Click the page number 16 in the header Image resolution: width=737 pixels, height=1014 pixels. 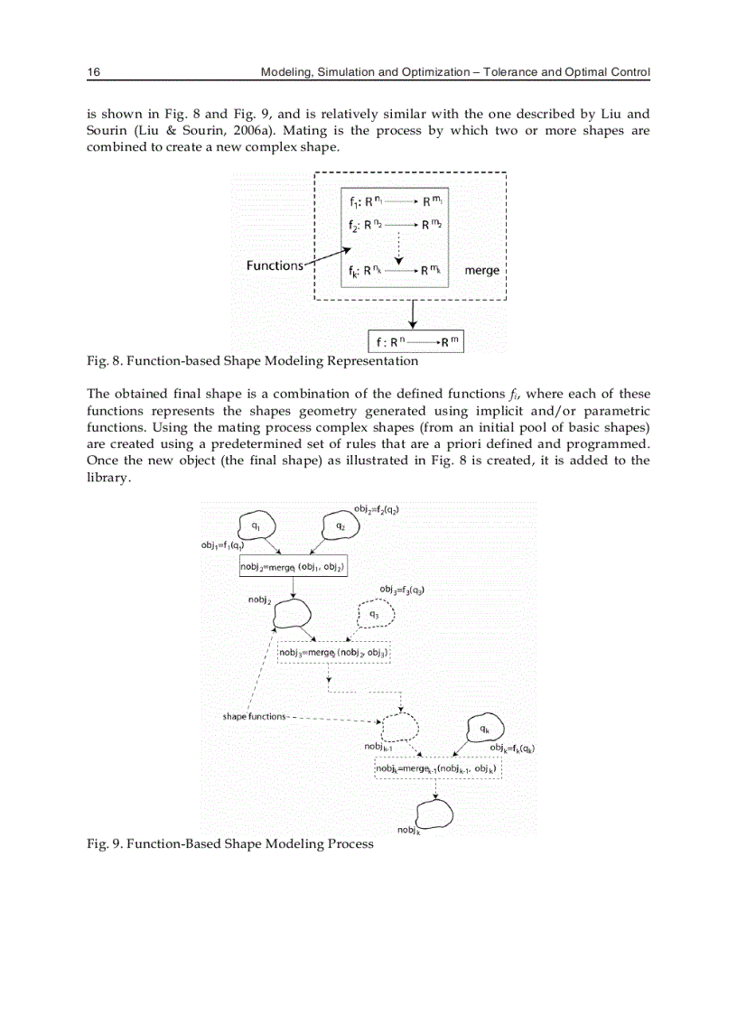pyautogui.click(x=92, y=71)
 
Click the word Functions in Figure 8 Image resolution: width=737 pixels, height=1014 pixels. pyautogui.click(x=275, y=265)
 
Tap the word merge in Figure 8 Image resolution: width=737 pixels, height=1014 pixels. pyautogui.click(x=481, y=270)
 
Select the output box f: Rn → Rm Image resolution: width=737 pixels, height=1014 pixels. pyautogui.click(x=415, y=342)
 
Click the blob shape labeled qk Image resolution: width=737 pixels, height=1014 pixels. pyautogui.click(x=485, y=728)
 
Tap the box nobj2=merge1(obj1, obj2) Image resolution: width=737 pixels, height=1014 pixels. pyautogui.click(x=293, y=567)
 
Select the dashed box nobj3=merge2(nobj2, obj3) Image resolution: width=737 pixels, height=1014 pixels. pyautogui.click(x=332, y=652)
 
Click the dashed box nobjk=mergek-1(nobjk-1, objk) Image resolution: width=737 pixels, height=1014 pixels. pyautogui.click(x=437, y=768)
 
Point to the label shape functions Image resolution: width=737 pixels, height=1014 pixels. pyautogui.click(x=254, y=716)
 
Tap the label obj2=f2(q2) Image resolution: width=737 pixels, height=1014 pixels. pyautogui.click(x=377, y=510)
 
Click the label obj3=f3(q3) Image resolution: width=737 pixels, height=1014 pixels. pyautogui.click(x=403, y=590)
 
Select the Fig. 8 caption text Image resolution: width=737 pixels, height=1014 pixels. pyautogui.click(x=252, y=361)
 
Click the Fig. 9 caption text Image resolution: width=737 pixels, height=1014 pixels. pyautogui.click(x=229, y=843)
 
